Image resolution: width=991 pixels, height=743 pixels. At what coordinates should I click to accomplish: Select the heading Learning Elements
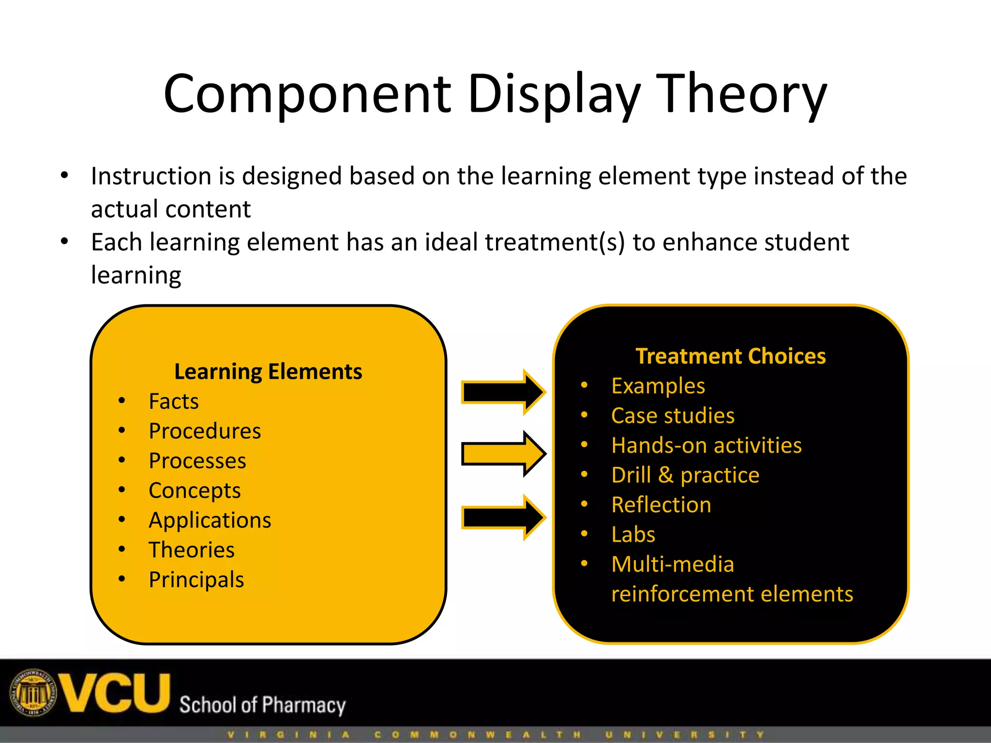(268, 371)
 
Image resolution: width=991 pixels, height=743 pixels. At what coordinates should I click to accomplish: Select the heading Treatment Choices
(730, 356)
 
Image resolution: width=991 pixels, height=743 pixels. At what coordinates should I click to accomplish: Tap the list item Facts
(173, 401)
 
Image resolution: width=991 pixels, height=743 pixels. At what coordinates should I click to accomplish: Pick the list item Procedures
(205, 431)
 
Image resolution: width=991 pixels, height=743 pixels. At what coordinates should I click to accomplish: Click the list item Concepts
(195, 490)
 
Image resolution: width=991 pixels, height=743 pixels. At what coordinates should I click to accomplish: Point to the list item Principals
(196, 580)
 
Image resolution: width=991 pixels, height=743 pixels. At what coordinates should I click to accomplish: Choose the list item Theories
(191, 550)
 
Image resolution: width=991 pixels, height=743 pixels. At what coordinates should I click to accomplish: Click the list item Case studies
(673, 416)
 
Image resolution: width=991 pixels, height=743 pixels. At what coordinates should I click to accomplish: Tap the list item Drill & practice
(685, 475)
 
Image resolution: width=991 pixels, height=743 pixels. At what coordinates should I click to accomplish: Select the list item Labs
(633, 535)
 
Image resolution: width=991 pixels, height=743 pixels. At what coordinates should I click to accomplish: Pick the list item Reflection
(661, 505)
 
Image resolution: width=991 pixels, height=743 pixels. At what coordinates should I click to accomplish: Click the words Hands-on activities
(706, 446)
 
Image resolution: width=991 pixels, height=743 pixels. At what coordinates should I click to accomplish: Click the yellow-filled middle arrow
(503, 454)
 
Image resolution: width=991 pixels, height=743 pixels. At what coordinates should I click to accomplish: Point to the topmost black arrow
(503, 392)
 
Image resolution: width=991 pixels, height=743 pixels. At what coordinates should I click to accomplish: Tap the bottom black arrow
(503, 517)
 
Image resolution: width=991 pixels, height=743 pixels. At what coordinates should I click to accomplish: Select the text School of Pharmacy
(262, 705)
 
